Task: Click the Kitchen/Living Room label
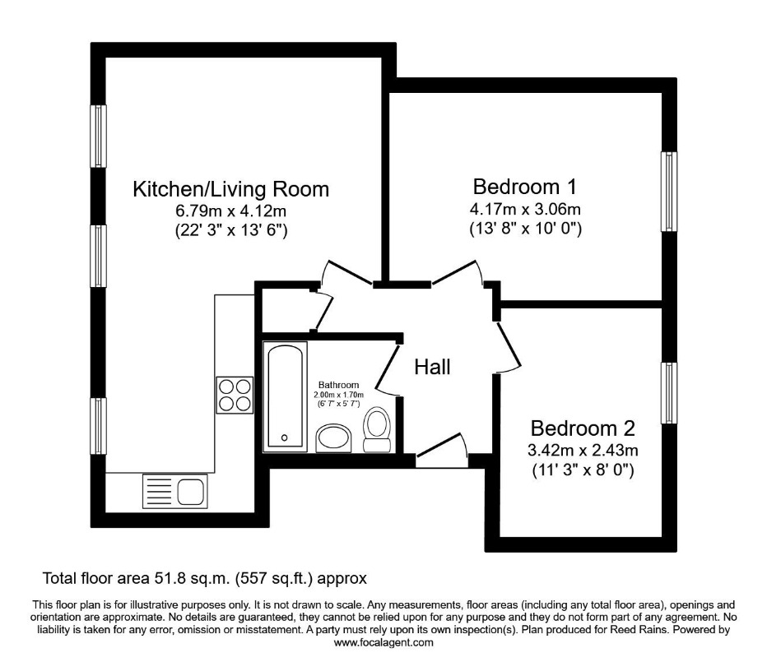click(231, 189)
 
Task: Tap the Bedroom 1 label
click(525, 187)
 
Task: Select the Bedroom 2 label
click(583, 428)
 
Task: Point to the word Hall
click(432, 367)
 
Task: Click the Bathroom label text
click(338, 385)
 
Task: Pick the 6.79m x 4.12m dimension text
click(231, 211)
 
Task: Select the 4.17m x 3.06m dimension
click(525, 209)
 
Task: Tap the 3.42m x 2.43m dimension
click(583, 450)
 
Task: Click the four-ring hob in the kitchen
click(235, 395)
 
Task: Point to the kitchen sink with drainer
click(174, 491)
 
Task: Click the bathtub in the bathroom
click(286, 396)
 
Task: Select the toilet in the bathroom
click(377, 429)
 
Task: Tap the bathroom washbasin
click(333, 438)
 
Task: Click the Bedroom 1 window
click(669, 191)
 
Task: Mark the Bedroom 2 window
click(669, 393)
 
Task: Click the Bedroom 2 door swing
click(509, 346)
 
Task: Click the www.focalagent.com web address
click(383, 642)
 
